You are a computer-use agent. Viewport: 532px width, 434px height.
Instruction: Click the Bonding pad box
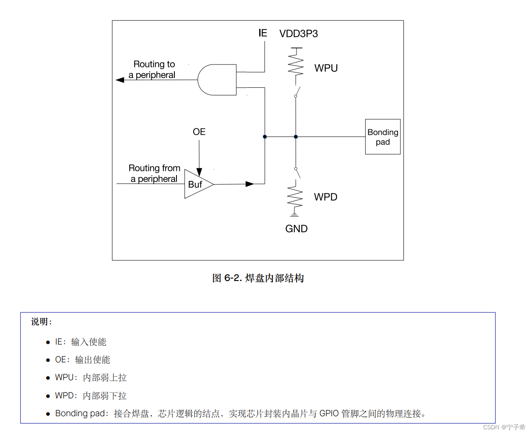click(x=383, y=137)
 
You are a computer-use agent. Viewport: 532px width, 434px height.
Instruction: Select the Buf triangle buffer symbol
click(x=196, y=184)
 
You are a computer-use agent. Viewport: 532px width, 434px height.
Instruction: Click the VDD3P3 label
click(x=298, y=34)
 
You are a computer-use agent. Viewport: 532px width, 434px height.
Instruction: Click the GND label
click(x=296, y=229)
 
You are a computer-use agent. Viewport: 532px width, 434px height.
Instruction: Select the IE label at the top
click(x=263, y=33)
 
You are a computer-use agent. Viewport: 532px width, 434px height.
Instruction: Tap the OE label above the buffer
click(x=199, y=132)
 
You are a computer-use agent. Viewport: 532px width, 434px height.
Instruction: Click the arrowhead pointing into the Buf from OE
click(x=199, y=172)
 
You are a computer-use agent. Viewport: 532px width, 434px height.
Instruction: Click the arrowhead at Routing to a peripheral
click(x=120, y=80)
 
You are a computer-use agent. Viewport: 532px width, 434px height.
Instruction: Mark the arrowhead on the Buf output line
click(x=249, y=184)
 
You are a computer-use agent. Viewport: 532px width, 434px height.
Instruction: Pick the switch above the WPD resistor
click(x=297, y=172)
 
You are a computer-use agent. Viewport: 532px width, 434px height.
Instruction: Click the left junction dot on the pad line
click(x=265, y=137)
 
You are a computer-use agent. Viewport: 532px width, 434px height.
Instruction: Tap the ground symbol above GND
click(x=294, y=214)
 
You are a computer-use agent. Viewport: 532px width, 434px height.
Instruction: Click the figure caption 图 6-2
click(x=258, y=278)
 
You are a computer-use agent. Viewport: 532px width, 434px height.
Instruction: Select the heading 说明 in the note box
click(x=41, y=322)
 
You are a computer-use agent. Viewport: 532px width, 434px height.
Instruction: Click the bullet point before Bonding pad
click(x=48, y=414)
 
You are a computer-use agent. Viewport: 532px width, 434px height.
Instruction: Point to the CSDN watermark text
click(x=504, y=427)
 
